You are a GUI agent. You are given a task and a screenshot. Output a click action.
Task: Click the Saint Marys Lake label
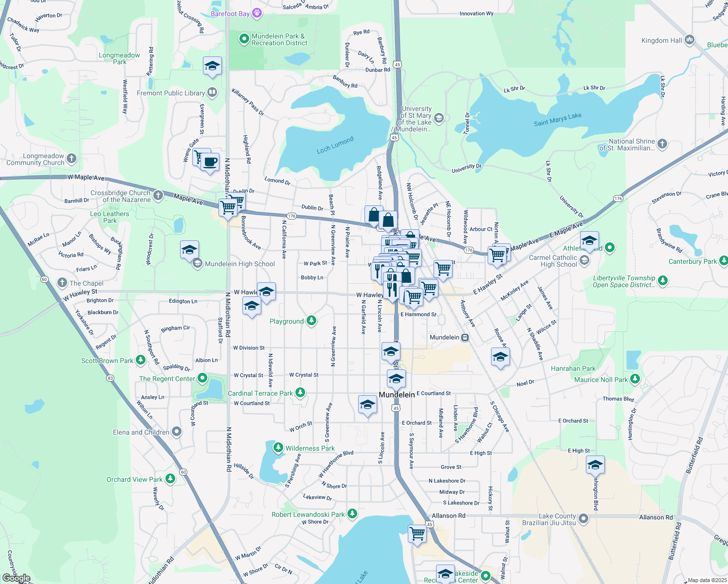557,119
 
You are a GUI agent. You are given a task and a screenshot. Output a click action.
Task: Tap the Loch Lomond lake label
335,145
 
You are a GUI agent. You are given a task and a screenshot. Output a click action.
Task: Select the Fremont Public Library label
171,93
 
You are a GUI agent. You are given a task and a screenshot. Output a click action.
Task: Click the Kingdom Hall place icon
689,40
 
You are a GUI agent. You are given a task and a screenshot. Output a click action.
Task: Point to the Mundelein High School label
240,264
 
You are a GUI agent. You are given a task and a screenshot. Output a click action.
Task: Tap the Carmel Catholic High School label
553,261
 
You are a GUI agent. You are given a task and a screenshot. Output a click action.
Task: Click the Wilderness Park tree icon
278,448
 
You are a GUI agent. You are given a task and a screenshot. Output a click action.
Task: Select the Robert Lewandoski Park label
308,514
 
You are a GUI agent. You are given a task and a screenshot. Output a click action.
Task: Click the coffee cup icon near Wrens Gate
210,162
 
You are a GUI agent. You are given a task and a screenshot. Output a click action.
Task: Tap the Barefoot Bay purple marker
257,14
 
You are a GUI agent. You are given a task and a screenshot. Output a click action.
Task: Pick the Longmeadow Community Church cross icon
72,158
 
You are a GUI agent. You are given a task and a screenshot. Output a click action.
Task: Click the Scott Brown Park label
107,361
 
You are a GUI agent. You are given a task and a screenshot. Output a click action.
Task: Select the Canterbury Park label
692,261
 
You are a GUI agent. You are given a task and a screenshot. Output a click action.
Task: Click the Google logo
16,578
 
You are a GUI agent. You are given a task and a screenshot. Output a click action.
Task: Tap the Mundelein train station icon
465,337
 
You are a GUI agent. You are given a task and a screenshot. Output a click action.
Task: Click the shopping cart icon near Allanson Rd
417,533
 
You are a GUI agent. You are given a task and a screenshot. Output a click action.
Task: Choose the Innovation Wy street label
476,14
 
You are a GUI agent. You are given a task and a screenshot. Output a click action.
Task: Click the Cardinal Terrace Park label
260,393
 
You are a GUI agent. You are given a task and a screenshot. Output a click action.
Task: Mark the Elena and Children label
141,432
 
